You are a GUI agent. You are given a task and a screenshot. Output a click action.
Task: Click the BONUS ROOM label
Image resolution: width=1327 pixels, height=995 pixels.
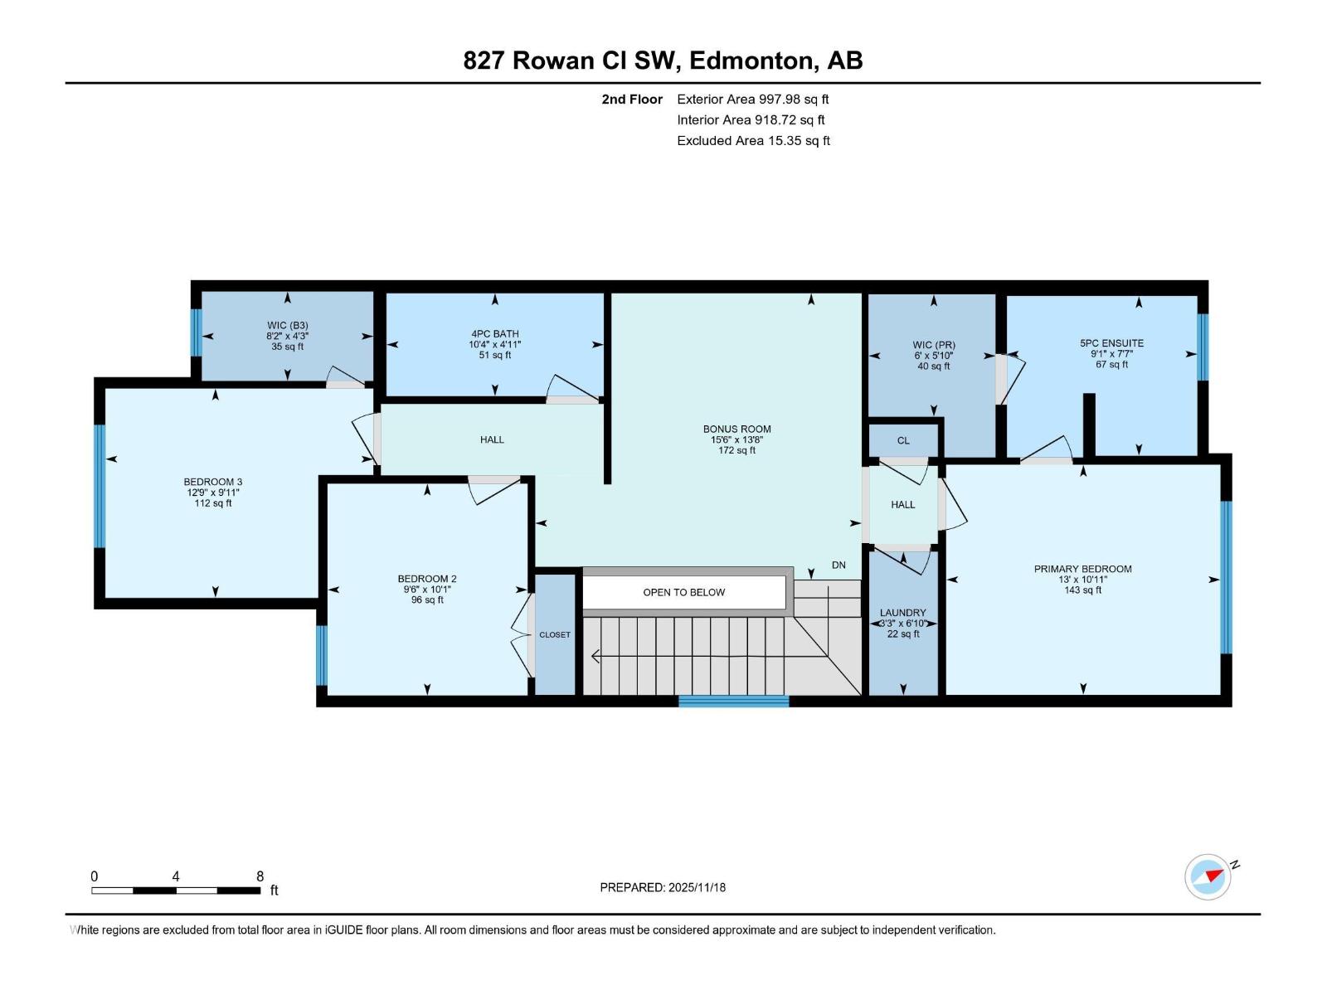click(x=736, y=429)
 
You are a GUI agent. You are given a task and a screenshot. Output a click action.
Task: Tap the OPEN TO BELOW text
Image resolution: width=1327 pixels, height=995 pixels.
click(x=683, y=592)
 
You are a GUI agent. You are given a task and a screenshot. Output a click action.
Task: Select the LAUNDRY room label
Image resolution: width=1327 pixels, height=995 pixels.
click(x=902, y=613)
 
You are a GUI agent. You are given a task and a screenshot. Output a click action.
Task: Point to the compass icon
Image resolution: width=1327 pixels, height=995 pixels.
click(x=1208, y=877)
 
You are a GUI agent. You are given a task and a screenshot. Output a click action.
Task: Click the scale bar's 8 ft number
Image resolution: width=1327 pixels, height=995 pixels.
click(x=260, y=876)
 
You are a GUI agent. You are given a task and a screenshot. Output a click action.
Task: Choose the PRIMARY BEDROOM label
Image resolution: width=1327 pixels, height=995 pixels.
click(x=1083, y=569)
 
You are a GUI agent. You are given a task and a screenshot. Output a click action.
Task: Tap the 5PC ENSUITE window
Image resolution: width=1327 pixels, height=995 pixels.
click(x=1203, y=347)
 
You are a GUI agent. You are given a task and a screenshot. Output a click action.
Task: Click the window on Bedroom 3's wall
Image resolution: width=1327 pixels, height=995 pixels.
click(x=100, y=487)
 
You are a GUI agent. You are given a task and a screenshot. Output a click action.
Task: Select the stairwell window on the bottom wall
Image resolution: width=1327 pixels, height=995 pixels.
click(x=733, y=701)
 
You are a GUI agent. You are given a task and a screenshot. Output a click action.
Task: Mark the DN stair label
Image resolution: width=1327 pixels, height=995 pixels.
click(x=838, y=565)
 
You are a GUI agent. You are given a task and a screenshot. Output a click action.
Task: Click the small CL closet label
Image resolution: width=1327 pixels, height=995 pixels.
click(x=903, y=440)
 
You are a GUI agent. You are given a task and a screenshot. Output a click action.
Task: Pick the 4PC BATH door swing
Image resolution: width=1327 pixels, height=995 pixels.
click(x=572, y=388)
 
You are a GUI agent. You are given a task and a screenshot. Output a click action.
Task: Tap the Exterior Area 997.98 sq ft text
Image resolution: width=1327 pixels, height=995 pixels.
click(x=753, y=99)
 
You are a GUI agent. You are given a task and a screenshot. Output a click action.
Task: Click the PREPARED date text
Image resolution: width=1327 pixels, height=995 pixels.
click(x=663, y=887)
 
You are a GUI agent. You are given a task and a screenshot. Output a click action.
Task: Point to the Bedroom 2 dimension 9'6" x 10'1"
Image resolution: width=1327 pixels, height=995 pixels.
click(x=427, y=589)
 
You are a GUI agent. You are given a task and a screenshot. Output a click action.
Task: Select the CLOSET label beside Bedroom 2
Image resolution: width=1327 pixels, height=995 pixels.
click(x=554, y=634)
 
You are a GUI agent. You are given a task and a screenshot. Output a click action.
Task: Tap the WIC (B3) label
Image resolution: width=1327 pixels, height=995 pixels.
click(x=287, y=325)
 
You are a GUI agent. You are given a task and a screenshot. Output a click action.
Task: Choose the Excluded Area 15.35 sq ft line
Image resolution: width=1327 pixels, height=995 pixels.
click(x=753, y=141)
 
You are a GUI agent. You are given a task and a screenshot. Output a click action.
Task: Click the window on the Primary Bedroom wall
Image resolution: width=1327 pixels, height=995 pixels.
click(x=1226, y=578)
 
